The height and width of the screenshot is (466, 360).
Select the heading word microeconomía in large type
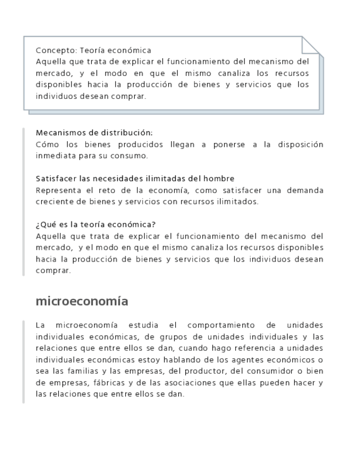click(x=82, y=301)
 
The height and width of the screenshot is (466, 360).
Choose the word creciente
click(x=52, y=202)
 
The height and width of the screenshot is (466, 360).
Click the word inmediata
click(x=55, y=156)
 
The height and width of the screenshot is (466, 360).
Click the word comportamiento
click(x=219, y=325)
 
